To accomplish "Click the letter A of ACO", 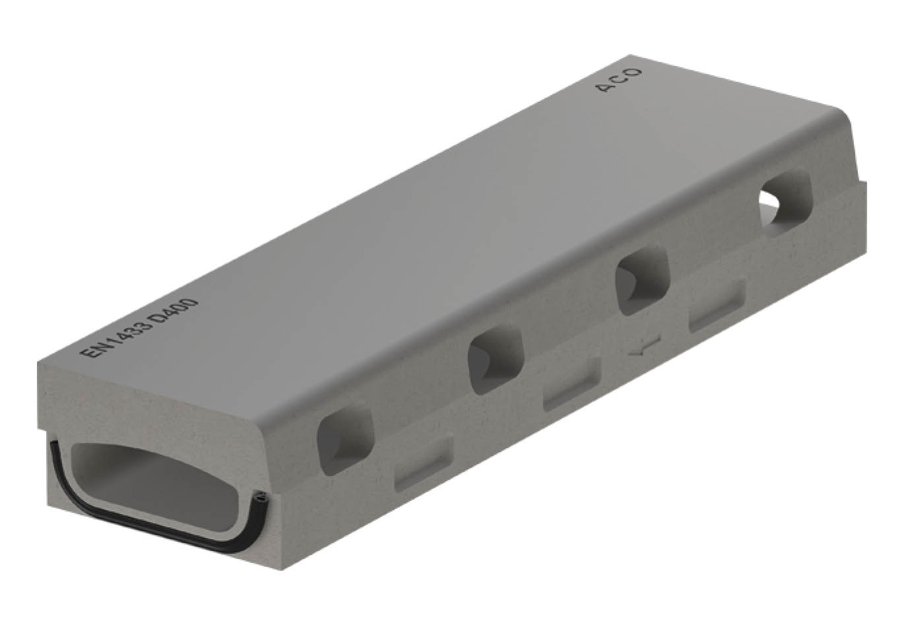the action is tap(604, 87).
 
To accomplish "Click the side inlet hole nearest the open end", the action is tap(346, 438).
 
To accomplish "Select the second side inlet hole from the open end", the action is tap(496, 359).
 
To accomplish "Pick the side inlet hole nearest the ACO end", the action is tap(785, 203).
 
